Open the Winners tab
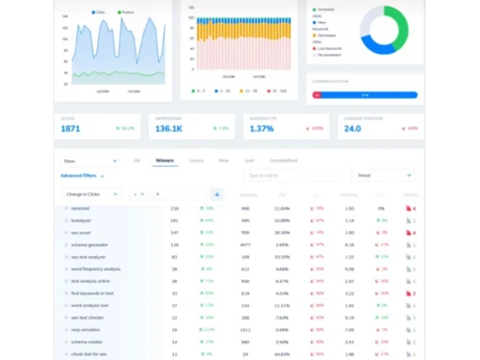pyautogui.click(x=164, y=160)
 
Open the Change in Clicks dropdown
pyautogui.click(x=91, y=194)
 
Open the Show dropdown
pyautogui.click(x=89, y=160)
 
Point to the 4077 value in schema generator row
pyautogui.click(x=245, y=244)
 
